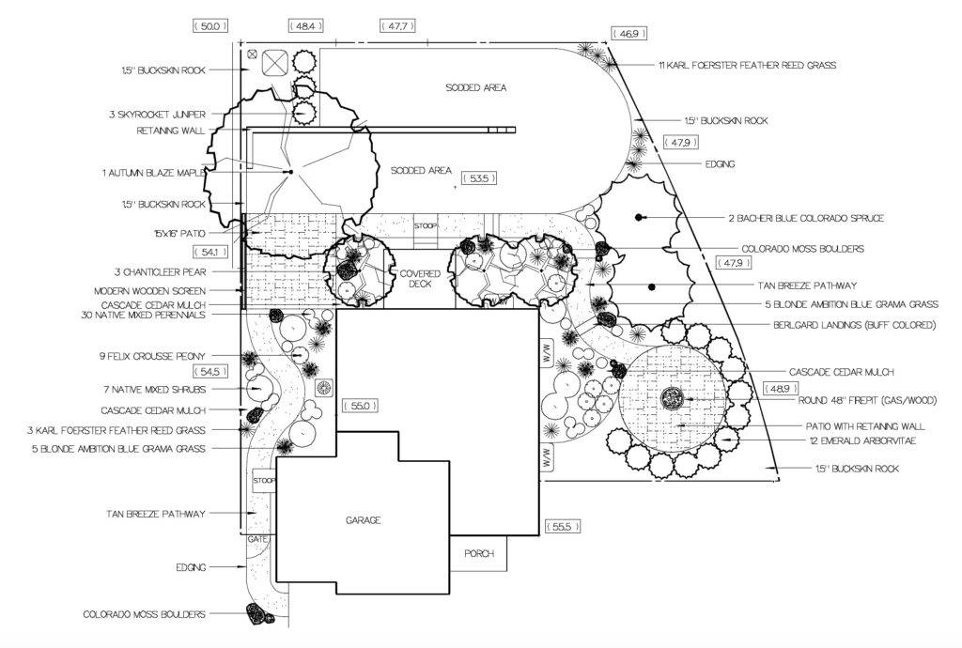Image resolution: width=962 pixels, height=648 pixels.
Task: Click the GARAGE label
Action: pyautogui.click(x=364, y=520)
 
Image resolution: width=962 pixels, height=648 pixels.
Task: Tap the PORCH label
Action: pyautogui.click(x=479, y=553)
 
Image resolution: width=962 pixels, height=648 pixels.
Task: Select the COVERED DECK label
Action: pyautogui.click(x=420, y=278)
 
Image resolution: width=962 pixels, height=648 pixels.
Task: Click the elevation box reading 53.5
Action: pyautogui.click(x=478, y=178)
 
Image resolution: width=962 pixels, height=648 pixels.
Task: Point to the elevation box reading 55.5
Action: pyautogui.click(x=562, y=527)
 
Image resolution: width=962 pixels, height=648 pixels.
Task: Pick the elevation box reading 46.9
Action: pyautogui.click(x=628, y=34)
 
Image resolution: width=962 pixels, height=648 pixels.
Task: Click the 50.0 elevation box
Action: pyautogui.click(x=210, y=25)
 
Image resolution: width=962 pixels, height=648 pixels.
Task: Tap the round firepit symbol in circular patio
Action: pyautogui.click(x=671, y=398)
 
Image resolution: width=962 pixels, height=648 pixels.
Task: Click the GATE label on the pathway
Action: pyautogui.click(x=257, y=539)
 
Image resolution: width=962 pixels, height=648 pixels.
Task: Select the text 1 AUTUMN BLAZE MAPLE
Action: pyautogui.click(x=153, y=174)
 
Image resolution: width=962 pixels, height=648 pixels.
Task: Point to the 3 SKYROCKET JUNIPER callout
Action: pyautogui.click(x=158, y=114)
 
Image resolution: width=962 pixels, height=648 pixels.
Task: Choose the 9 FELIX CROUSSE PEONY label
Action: pyautogui.click(x=153, y=356)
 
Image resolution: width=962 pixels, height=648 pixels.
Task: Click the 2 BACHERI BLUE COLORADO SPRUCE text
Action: pyautogui.click(x=806, y=218)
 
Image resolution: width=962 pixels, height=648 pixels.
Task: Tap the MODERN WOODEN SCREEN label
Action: pyautogui.click(x=149, y=291)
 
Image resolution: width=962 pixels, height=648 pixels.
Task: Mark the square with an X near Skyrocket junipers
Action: pyautogui.click(x=275, y=61)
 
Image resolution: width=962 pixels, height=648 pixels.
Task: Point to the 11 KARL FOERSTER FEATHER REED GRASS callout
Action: pyautogui.click(x=747, y=65)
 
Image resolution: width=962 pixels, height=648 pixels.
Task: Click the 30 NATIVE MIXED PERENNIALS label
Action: pyautogui.click(x=143, y=316)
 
